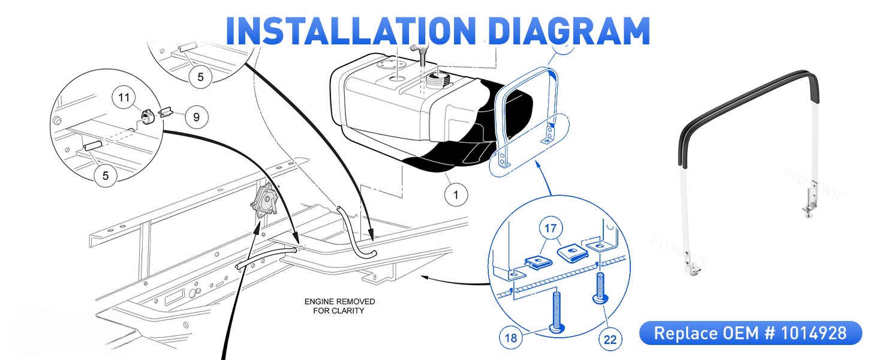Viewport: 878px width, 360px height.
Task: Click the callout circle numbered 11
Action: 124,97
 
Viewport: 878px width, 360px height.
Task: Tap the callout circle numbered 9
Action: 196,117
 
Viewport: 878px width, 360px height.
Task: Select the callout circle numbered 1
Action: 456,194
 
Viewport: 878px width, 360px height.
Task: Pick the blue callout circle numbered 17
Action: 551,228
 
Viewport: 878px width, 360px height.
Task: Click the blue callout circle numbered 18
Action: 511,338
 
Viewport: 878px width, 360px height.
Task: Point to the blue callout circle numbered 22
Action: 611,339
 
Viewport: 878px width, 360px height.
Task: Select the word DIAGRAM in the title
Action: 570,31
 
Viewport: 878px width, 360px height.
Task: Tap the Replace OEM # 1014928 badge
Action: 751,333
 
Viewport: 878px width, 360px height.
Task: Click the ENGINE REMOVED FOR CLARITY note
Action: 339,306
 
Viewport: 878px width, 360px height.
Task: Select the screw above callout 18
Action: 557,313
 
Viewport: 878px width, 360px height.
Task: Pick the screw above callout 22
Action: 600,288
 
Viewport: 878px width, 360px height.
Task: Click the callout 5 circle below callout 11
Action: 106,175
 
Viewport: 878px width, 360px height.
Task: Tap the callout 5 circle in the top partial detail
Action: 200,77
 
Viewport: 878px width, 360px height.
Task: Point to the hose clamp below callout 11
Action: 146,116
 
